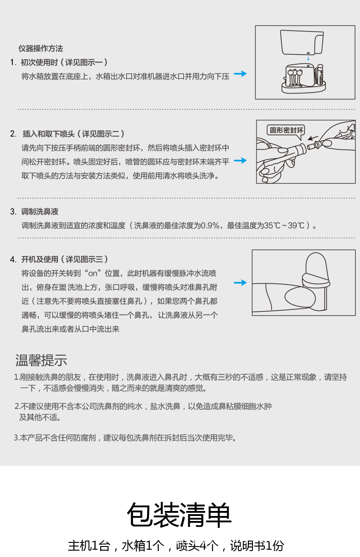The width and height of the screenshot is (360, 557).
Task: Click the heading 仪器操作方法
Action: pos(41,49)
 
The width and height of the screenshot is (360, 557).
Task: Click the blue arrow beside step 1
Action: pos(240,74)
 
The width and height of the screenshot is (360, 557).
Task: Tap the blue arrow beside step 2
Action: pos(240,160)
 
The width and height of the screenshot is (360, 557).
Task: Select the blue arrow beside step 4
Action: pos(240,283)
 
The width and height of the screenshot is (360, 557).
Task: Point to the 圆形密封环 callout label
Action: pos(286,130)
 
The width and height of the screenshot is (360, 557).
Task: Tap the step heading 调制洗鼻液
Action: pos(40,212)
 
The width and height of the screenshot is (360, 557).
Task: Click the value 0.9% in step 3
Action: pos(212,226)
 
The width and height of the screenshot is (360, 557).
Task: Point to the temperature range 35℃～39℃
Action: pos(284,226)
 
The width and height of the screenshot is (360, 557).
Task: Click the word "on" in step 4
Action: pos(93,273)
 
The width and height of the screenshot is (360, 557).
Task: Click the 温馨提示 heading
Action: pos(41,360)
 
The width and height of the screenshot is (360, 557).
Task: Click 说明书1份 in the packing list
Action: pos(257,546)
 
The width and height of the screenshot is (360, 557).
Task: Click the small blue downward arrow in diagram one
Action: pos(309,58)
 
